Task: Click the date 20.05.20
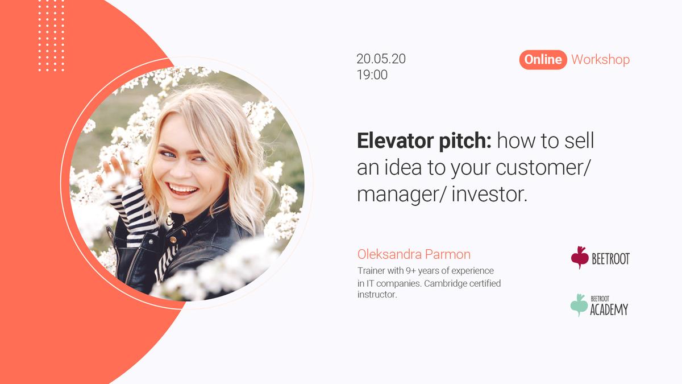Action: pyautogui.click(x=381, y=59)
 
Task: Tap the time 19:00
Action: pyautogui.click(x=372, y=75)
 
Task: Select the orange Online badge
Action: pyautogui.click(x=543, y=59)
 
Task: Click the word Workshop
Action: pyautogui.click(x=600, y=59)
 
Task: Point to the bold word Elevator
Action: pyautogui.click(x=395, y=141)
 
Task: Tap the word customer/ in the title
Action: pyautogui.click(x=543, y=168)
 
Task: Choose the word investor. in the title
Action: pyautogui.click(x=489, y=195)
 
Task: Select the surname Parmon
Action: pyautogui.click(x=448, y=254)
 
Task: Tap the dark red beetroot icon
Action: pyautogui.click(x=580, y=257)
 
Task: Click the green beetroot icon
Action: pyautogui.click(x=579, y=305)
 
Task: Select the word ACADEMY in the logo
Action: pyautogui.click(x=609, y=309)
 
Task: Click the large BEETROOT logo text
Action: pyautogui.click(x=610, y=259)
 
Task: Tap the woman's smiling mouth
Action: pyautogui.click(x=182, y=189)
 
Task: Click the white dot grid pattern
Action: pyautogui.click(x=51, y=36)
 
